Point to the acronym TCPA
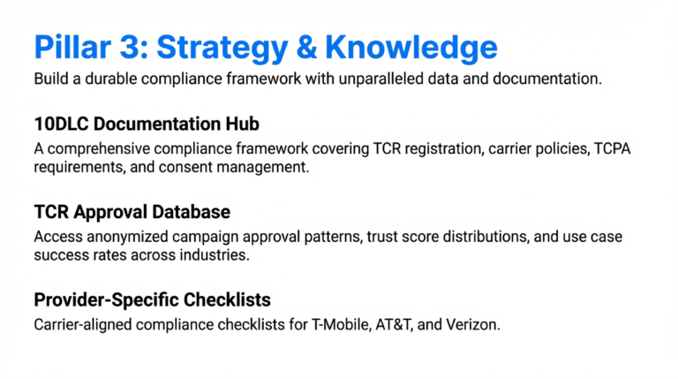[x=617, y=148]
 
